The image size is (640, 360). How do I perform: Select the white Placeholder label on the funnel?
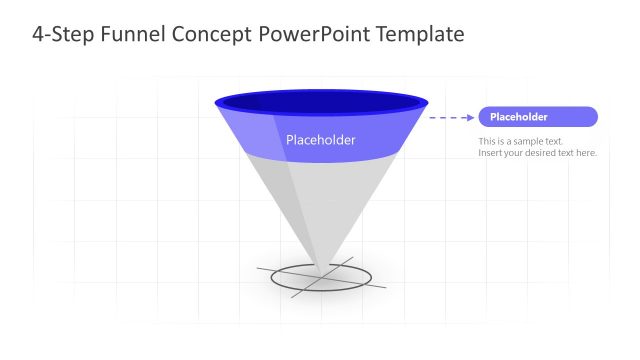pyautogui.click(x=321, y=140)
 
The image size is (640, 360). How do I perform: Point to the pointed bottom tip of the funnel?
pyautogui.click(x=321, y=269)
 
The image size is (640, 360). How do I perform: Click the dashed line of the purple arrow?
pyautogui.click(x=445, y=117)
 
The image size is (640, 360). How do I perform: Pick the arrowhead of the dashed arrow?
pyautogui.click(x=469, y=117)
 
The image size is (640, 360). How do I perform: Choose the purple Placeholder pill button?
pyautogui.click(x=538, y=117)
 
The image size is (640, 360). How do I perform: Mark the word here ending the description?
pyautogui.click(x=587, y=153)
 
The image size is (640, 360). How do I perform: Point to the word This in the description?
pyautogui.click(x=488, y=141)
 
